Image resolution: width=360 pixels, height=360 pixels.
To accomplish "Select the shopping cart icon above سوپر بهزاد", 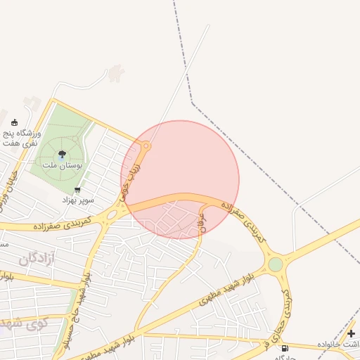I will click(77, 190).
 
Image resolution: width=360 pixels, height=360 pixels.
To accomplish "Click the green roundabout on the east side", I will click(276, 264).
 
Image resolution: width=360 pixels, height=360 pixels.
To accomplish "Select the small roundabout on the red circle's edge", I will click(146, 146).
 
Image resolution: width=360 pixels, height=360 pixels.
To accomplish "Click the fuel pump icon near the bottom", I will click(285, 349).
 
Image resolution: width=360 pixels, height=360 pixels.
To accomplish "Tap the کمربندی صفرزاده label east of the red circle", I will click(244, 222).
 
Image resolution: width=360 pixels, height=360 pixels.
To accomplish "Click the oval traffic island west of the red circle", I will click(112, 214).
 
